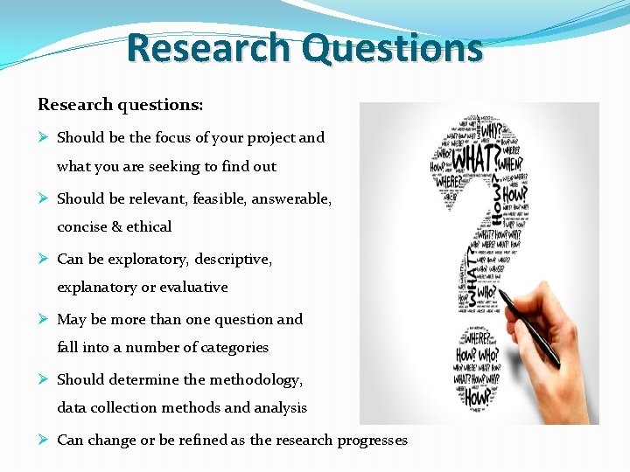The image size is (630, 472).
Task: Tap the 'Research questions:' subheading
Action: tap(120, 105)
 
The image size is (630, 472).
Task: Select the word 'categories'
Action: tap(234, 347)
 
